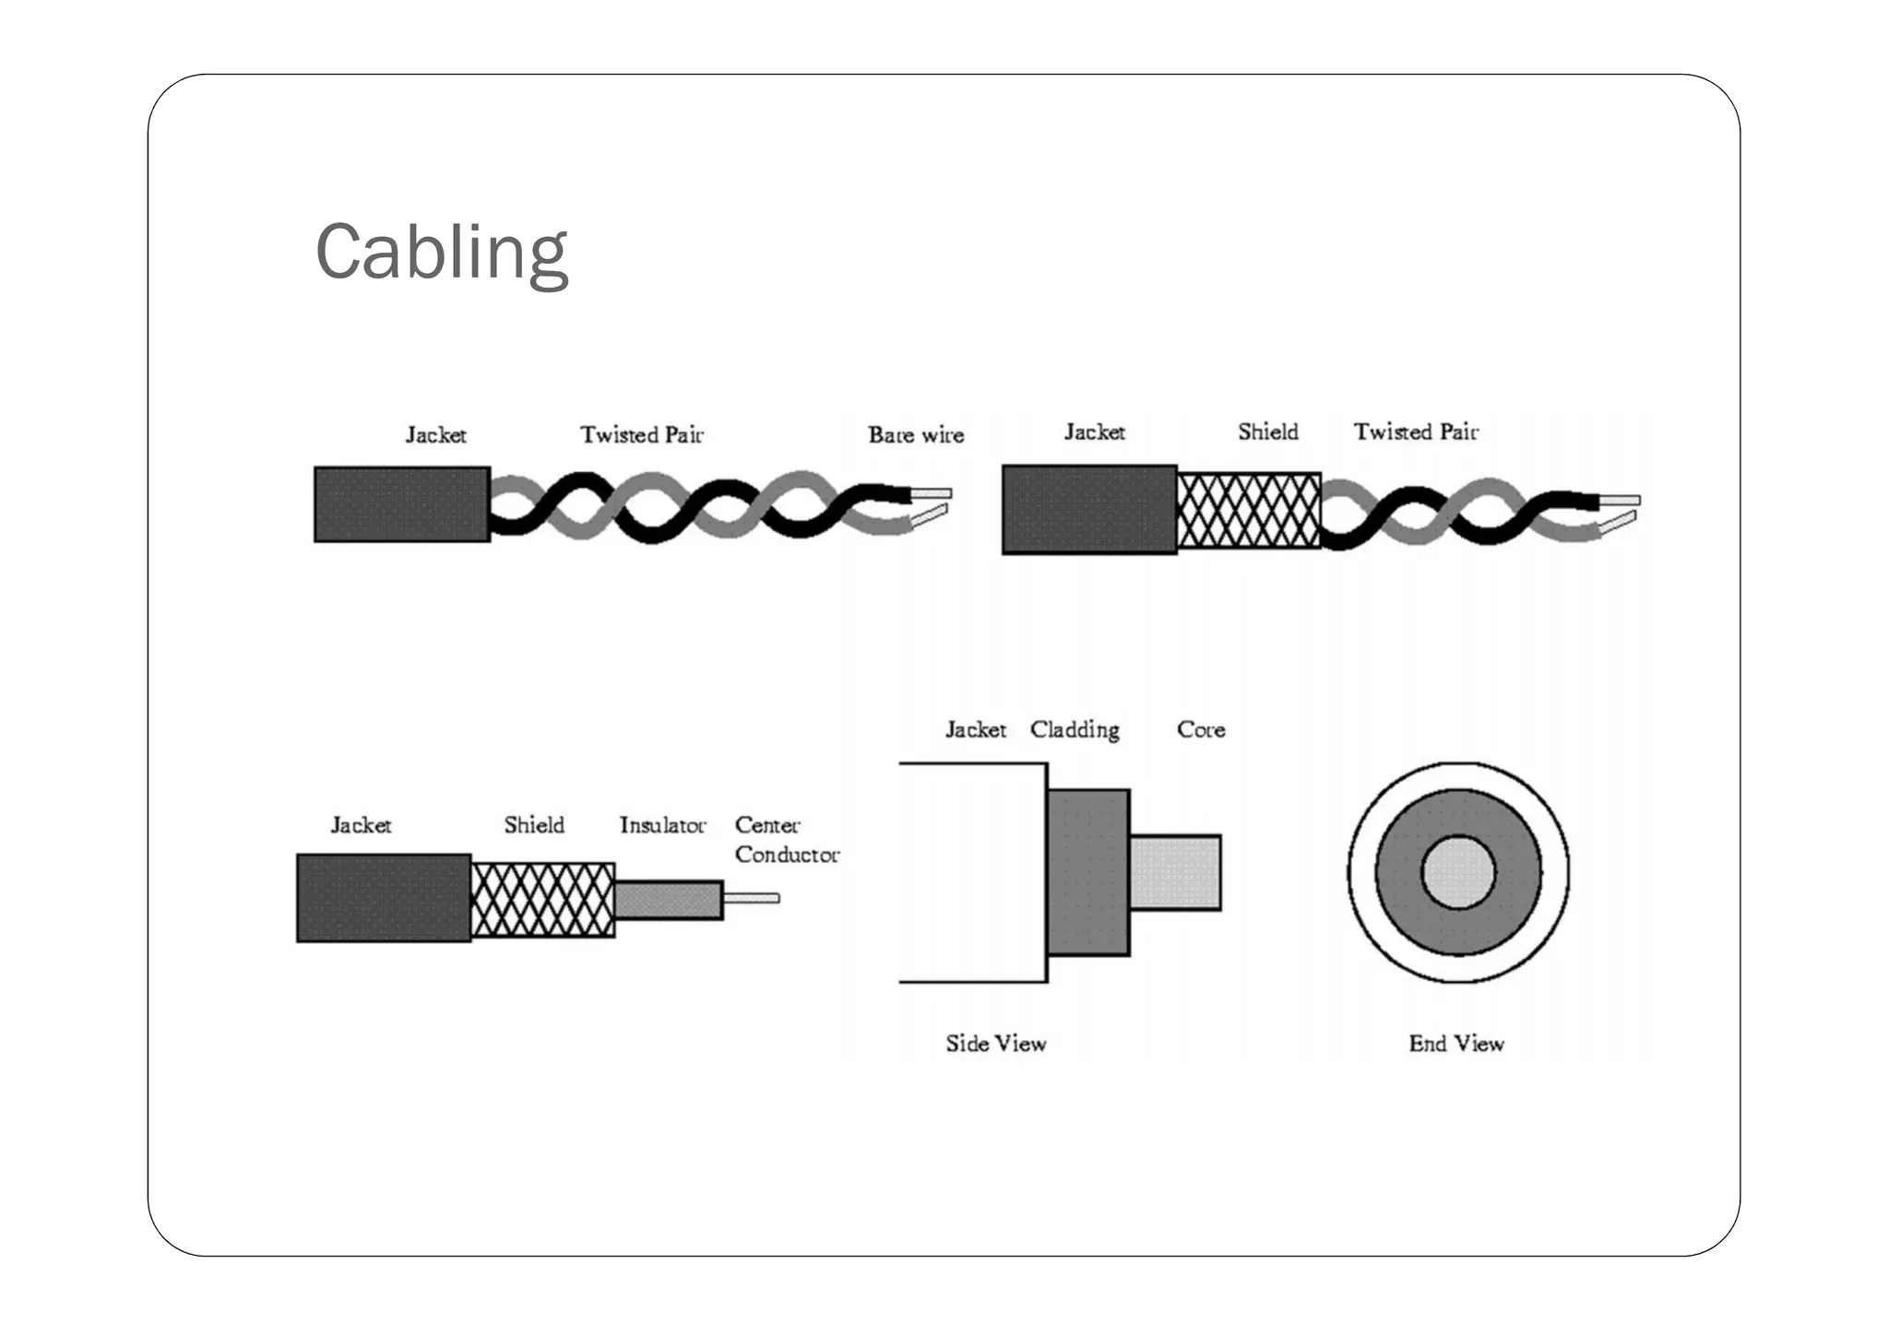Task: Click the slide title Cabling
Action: coord(442,252)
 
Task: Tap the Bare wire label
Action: coord(916,435)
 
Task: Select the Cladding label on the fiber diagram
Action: coord(1075,730)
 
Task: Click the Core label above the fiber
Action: coord(1201,730)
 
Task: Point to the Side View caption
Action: coord(996,1044)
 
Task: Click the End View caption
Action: coord(1456,1044)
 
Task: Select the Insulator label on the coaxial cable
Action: coord(662,825)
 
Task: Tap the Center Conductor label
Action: coord(786,840)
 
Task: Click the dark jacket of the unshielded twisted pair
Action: coord(402,504)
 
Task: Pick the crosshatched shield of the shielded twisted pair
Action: coord(1249,510)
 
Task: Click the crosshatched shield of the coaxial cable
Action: coord(542,900)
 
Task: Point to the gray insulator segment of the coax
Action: coord(669,900)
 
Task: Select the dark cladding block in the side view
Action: coord(1088,872)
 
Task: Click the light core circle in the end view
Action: coord(1458,872)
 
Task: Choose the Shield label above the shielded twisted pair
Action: coord(1268,432)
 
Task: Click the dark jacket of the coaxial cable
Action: coord(384,898)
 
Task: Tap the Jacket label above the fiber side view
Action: coord(975,730)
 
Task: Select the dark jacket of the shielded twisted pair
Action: coord(1089,510)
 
